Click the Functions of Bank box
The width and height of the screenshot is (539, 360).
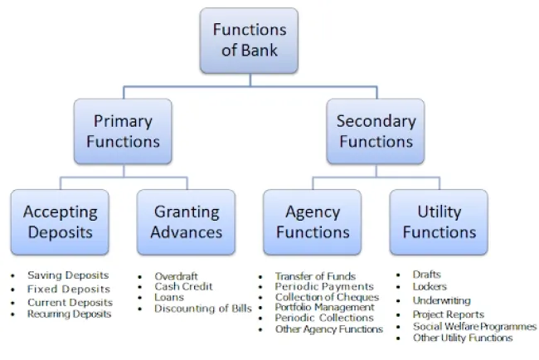coord(250,40)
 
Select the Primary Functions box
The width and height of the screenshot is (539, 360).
coord(123,131)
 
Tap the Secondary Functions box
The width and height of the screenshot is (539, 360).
coord(376,131)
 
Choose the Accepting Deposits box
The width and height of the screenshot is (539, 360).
coord(60,221)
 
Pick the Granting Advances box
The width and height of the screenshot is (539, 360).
coord(187,221)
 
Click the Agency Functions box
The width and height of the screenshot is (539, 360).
coord(313,221)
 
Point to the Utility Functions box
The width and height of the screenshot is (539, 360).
coord(439,221)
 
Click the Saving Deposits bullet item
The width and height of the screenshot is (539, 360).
coord(68,275)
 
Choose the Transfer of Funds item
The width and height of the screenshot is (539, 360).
coord(315,276)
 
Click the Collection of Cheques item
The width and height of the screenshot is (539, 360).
coord(327,297)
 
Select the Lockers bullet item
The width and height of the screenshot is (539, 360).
coord(430,287)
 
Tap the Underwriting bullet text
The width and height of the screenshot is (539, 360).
coord(441,300)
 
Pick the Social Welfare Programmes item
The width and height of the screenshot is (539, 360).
coord(474,326)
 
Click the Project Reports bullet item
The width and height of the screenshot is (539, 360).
coord(449,314)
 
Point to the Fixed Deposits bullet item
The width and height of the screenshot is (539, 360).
coord(69,289)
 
